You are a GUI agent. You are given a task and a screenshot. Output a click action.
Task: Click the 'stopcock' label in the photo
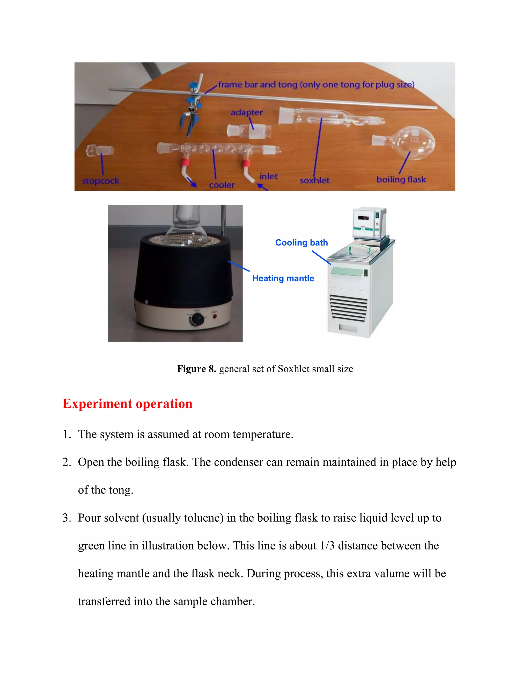[x=100, y=181]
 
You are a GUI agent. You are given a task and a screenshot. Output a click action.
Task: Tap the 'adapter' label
[x=247, y=112]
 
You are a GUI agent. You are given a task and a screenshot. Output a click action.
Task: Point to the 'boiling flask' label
[x=401, y=180]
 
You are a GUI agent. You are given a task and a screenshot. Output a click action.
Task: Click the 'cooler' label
[x=222, y=185]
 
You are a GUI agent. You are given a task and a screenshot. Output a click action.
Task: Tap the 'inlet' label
[x=268, y=177]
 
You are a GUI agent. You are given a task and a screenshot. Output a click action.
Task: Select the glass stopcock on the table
[x=99, y=150]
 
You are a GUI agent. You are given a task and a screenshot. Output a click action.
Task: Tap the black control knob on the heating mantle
[x=197, y=319]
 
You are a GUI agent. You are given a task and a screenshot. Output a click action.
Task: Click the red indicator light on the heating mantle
[x=215, y=316]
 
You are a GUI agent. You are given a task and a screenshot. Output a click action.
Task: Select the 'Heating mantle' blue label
[x=283, y=278]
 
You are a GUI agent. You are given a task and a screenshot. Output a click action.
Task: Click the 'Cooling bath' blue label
[x=301, y=243]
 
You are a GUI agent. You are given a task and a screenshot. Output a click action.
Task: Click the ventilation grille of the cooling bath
[x=348, y=309]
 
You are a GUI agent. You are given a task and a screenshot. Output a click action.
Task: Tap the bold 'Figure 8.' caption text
[x=196, y=369]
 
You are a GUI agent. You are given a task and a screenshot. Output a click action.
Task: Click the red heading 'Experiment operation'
[x=128, y=404]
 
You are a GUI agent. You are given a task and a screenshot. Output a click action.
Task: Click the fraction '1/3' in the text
[x=327, y=546]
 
